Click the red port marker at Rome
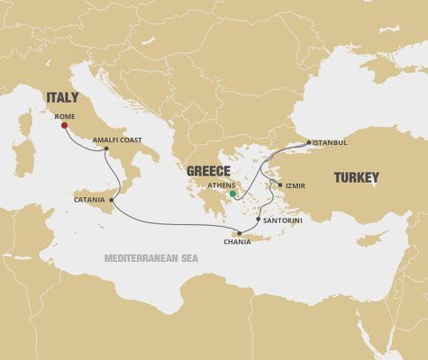tap(64, 126)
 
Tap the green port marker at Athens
tap(232, 193)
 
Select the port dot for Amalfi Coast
tap(105, 148)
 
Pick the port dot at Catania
tap(112, 200)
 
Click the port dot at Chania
tap(240, 232)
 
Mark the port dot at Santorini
tap(259, 219)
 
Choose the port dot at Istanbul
tap(309, 142)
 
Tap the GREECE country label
tap(208, 171)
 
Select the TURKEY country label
tap(358, 178)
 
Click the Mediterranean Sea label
tap(150, 258)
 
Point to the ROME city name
tap(65, 115)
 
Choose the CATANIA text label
tap(90, 200)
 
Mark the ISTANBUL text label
tap(331, 142)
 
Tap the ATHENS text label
tap(221, 185)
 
